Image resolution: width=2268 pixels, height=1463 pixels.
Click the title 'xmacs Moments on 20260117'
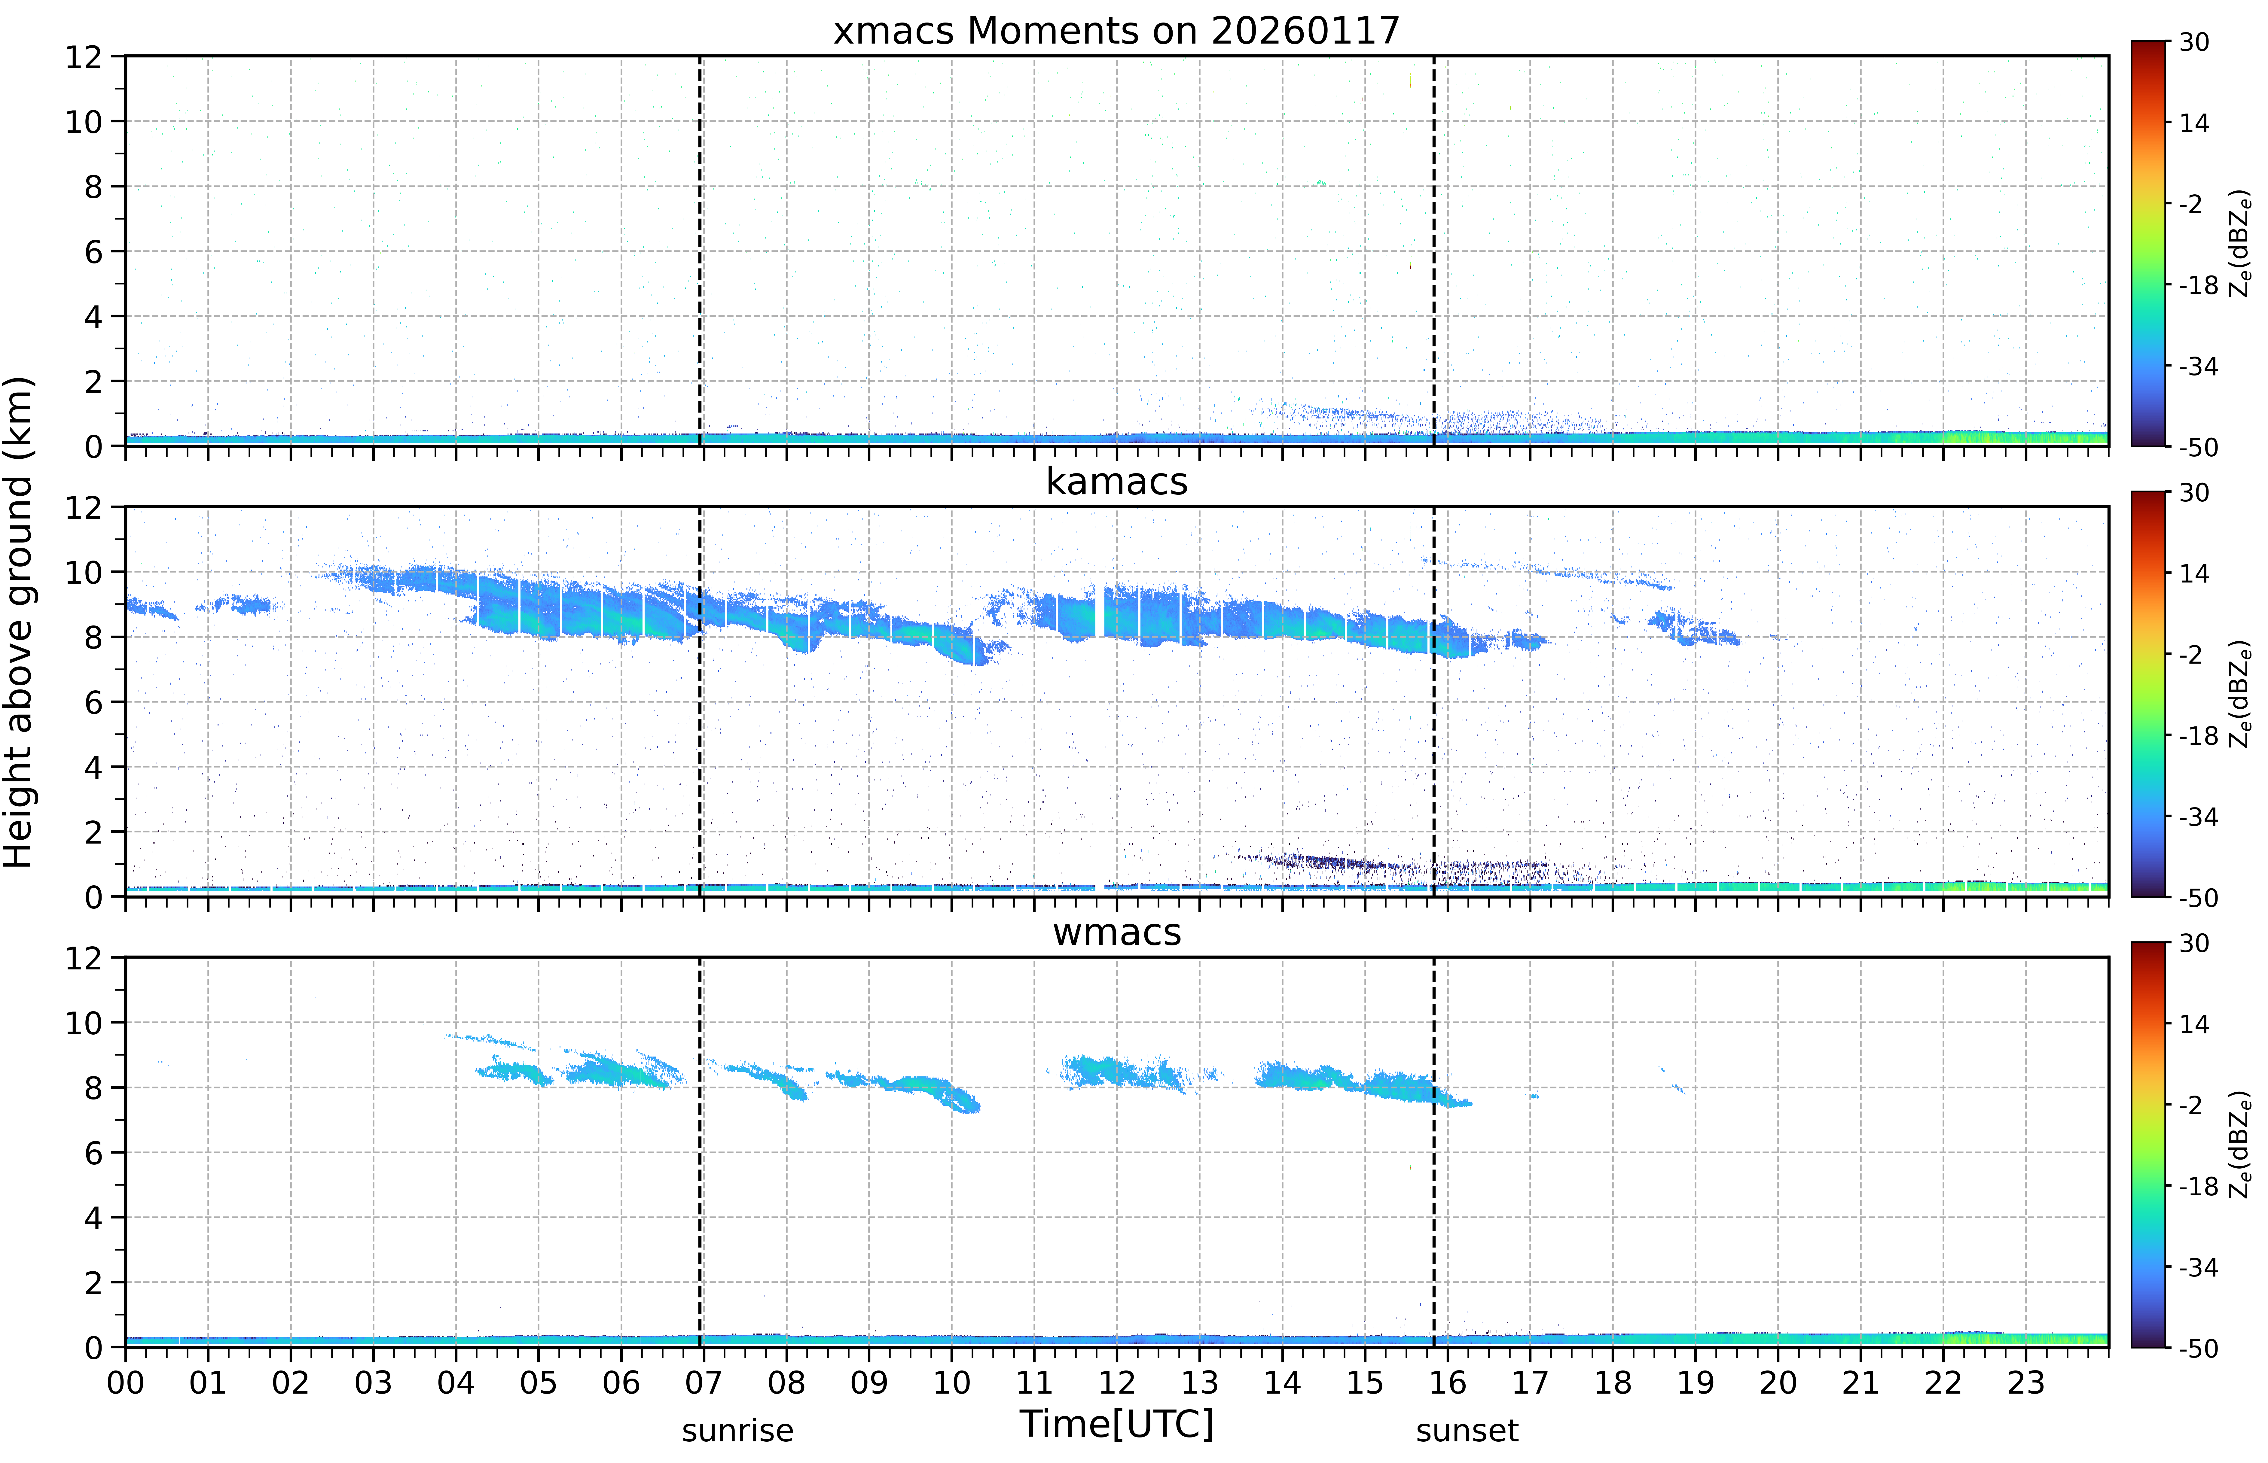point(1116,31)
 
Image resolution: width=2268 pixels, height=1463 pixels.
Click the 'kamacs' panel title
point(1116,482)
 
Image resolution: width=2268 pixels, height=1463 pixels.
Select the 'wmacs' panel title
point(1116,932)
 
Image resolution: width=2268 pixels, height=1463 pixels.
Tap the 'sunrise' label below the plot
point(737,1431)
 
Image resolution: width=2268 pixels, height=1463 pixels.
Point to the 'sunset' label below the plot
point(1467,1431)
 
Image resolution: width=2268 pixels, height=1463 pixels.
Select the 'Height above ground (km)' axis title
point(19,622)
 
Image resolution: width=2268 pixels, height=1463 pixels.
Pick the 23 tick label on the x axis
point(2026,1382)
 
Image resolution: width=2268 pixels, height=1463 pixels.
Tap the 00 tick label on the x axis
point(125,1382)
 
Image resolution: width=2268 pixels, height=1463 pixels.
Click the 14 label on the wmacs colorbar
point(2194,1024)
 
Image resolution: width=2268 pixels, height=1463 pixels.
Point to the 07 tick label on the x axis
point(704,1382)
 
